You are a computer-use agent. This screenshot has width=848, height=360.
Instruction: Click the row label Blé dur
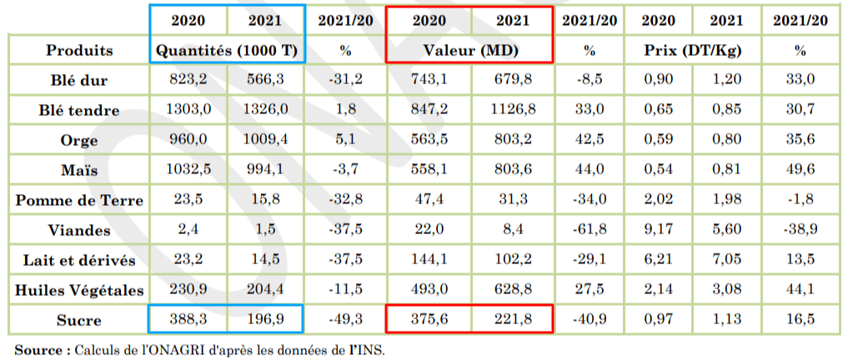79,81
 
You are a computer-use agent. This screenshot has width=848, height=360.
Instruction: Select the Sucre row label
79,321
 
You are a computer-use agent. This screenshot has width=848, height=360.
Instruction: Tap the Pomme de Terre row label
79,201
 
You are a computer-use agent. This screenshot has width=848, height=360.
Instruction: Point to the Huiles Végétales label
79,291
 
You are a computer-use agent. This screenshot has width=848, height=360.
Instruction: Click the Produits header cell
79,50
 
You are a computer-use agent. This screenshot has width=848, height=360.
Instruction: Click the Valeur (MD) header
469,50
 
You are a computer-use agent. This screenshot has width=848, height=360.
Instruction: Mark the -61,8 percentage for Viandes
589,231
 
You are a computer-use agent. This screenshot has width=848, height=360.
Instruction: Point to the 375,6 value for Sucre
429,321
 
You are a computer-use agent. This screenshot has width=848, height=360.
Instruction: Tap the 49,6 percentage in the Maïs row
800,171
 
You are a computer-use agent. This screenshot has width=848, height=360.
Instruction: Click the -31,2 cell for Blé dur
345,81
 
